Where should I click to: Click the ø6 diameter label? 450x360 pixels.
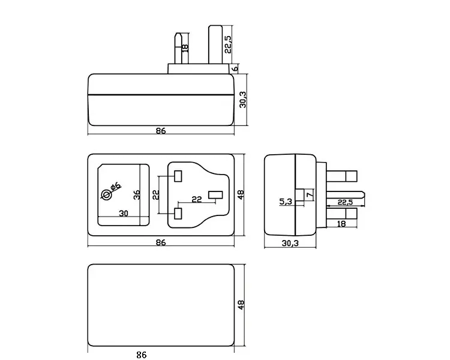click(115, 187)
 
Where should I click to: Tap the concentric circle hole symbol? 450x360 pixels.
click(106, 195)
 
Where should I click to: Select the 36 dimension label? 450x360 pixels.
click(137, 194)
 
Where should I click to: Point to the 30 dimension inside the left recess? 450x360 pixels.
click(124, 214)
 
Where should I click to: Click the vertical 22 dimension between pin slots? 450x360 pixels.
click(155, 195)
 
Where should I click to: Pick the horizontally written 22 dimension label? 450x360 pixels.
click(197, 199)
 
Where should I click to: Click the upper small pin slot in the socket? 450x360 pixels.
click(178, 176)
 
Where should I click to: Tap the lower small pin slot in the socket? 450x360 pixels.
click(178, 214)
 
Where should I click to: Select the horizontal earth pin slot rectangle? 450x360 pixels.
click(216, 195)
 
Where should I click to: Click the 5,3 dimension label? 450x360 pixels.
click(286, 202)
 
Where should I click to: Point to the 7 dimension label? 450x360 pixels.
click(310, 195)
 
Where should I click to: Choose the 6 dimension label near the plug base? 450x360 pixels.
click(235, 68)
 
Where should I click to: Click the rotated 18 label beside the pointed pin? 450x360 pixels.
click(185, 47)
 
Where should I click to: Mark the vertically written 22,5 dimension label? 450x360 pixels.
click(228, 44)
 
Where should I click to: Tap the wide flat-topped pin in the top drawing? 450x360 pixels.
click(215, 45)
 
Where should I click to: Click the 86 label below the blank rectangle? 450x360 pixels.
click(142, 355)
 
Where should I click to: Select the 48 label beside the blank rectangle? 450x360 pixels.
click(241, 305)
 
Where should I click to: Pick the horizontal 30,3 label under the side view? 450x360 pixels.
click(290, 244)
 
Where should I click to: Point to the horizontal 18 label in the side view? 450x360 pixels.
click(341, 224)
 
